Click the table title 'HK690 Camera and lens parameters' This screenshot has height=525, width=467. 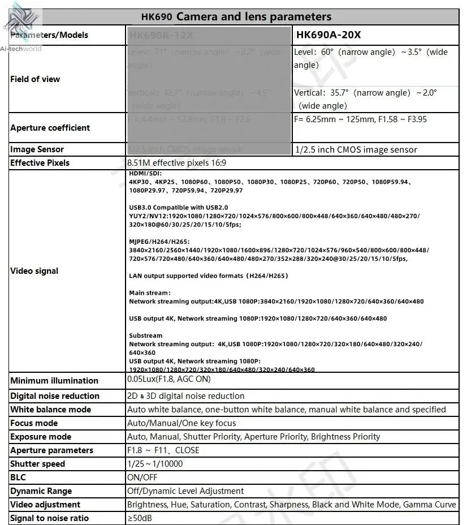click(x=236, y=17)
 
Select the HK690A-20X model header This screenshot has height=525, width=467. click(x=328, y=35)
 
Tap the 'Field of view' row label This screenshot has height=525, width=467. click(x=35, y=79)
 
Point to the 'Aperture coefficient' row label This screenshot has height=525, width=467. click(x=50, y=128)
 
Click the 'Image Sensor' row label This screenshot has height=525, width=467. click(x=37, y=149)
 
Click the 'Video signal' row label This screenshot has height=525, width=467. click(x=34, y=271)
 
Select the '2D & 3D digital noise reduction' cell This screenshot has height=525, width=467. click(x=186, y=396)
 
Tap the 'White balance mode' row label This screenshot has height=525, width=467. click(x=50, y=410)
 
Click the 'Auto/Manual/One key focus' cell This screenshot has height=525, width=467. click(x=181, y=423)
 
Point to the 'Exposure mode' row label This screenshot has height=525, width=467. click(x=41, y=437)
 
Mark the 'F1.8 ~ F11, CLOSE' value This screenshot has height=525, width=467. click(x=163, y=450)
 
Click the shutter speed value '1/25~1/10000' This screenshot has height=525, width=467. click(x=155, y=464)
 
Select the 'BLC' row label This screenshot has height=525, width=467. click(x=18, y=477)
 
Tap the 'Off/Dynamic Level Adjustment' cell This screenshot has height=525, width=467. click(x=185, y=491)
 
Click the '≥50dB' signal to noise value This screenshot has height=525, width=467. click(x=140, y=518)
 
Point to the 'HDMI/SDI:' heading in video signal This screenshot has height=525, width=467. click(x=145, y=173)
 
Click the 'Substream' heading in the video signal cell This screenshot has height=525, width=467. click(x=145, y=335)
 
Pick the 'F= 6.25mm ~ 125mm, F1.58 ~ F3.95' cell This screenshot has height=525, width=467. click(x=360, y=119)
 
